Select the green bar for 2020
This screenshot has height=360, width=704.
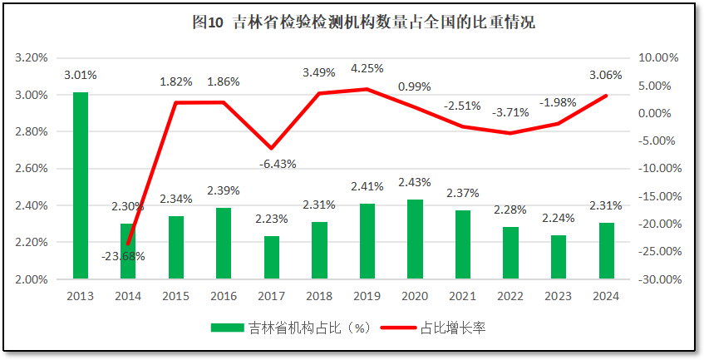pos(415,239)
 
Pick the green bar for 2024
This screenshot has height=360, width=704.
pos(607,250)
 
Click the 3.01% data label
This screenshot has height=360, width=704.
pos(81,75)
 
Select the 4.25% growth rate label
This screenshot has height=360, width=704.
pos(367,67)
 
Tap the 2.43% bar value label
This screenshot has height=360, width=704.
pos(414,182)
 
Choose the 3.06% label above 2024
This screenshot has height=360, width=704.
pos(605,75)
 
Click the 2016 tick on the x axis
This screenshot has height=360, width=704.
pos(224,295)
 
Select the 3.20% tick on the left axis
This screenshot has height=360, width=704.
pos(31,58)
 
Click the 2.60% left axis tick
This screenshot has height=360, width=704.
pos(31,169)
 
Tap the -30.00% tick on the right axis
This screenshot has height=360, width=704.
pos(657,279)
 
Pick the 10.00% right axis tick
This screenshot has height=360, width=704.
pos(658,58)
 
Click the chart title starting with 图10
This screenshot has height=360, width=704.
pos(363,23)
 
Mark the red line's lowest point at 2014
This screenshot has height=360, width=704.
pos(128,244)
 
